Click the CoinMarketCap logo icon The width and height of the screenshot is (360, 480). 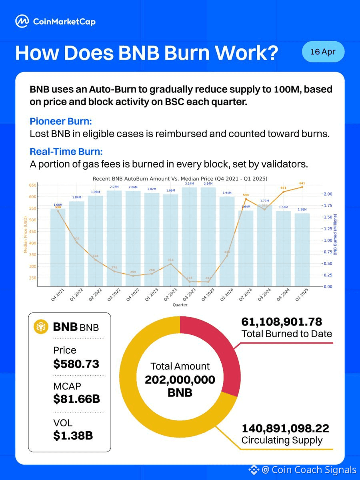(x=22, y=21)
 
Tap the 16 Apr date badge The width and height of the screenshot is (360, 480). (x=323, y=52)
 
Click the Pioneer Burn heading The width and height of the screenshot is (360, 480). (x=60, y=122)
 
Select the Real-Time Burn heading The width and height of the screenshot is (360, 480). (x=66, y=152)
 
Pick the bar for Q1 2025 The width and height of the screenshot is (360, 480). (x=302, y=250)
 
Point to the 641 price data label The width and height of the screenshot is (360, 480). (x=302, y=184)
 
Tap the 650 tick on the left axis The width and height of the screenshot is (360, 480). (x=32, y=185)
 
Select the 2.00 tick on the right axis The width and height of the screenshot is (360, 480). (x=327, y=194)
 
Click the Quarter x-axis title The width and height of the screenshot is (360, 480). (x=180, y=305)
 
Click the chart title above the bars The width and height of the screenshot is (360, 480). (x=180, y=178)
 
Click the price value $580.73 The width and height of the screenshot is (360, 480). (x=76, y=364)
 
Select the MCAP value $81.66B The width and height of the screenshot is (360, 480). (x=76, y=399)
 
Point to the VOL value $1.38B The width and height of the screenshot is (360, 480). (x=73, y=435)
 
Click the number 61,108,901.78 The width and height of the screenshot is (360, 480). (x=282, y=322)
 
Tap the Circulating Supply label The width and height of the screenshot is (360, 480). (x=282, y=441)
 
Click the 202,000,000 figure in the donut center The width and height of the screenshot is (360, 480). (x=180, y=379)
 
